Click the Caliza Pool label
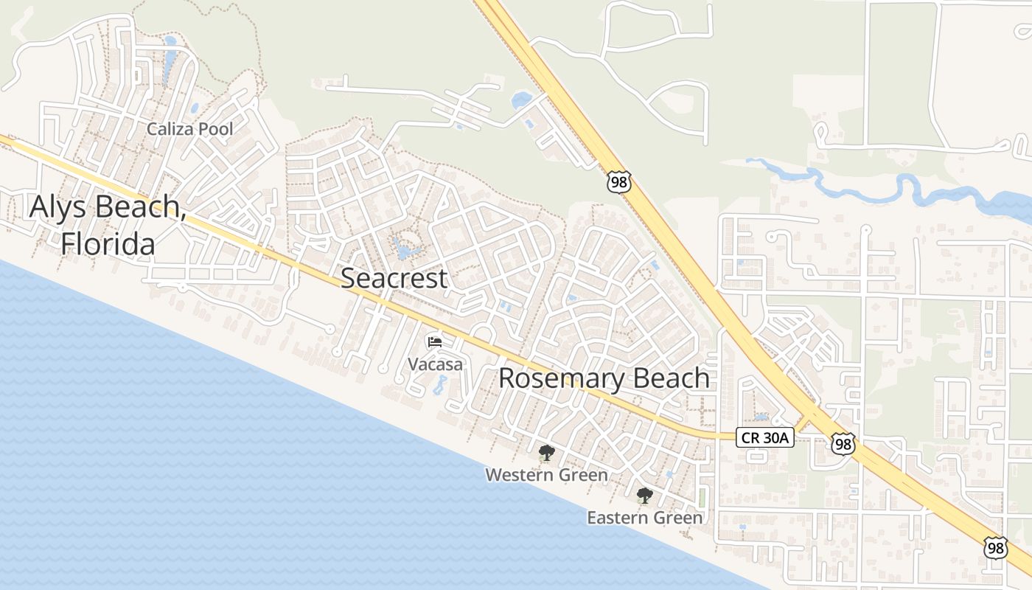(x=189, y=129)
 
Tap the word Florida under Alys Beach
(x=108, y=243)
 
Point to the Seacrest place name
(x=394, y=278)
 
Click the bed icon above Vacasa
(x=435, y=341)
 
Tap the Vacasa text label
(x=436, y=364)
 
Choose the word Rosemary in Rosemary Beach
(x=558, y=378)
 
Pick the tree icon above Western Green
(x=546, y=453)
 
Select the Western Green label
(x=546, y=475)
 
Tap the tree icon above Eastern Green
(x=644, y=495)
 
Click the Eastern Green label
(x=644, y=518)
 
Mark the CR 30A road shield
(x=764, y=438)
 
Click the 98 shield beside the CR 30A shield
(x=842, y=443)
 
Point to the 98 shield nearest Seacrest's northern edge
(x=619, y=181)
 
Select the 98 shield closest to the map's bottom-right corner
(x=995, y=548)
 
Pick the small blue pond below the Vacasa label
(x=441, y=384)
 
